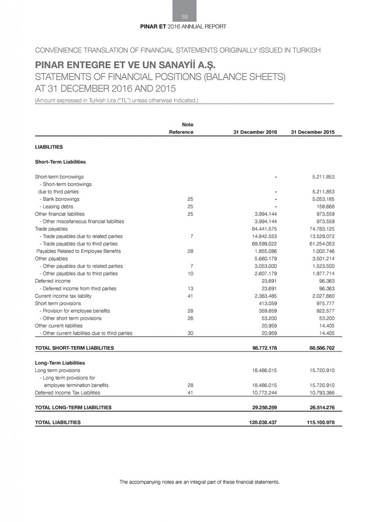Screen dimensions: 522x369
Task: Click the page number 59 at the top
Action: [x=184, y=17]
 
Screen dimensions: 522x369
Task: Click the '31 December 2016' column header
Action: [x=255, y=132]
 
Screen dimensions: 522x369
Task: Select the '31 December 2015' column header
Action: [x=312, y=132]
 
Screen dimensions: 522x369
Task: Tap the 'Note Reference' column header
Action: [x=181, y=128]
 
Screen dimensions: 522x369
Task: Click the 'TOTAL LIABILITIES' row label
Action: [x=58, y=422]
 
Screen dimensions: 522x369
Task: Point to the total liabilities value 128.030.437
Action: [x=261, y=422]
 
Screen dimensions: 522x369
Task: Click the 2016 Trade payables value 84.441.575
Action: [x=264, y=229]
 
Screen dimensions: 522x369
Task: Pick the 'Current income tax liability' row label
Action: [x=63, y=296]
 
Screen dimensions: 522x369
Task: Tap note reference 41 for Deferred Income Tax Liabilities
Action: [x=190, y=393]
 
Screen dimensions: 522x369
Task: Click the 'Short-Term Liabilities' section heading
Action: [x=60, y=162]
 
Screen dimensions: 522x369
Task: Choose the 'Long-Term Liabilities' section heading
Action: [x=60, y=363]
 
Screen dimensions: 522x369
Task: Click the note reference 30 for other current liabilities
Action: [x=190, y=333]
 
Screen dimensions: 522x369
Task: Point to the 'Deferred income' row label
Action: [x=52, y=281]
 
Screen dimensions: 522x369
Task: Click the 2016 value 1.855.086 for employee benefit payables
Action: [x=264, y=251]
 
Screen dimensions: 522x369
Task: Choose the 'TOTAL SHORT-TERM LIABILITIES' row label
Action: [x=74, y=348]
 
